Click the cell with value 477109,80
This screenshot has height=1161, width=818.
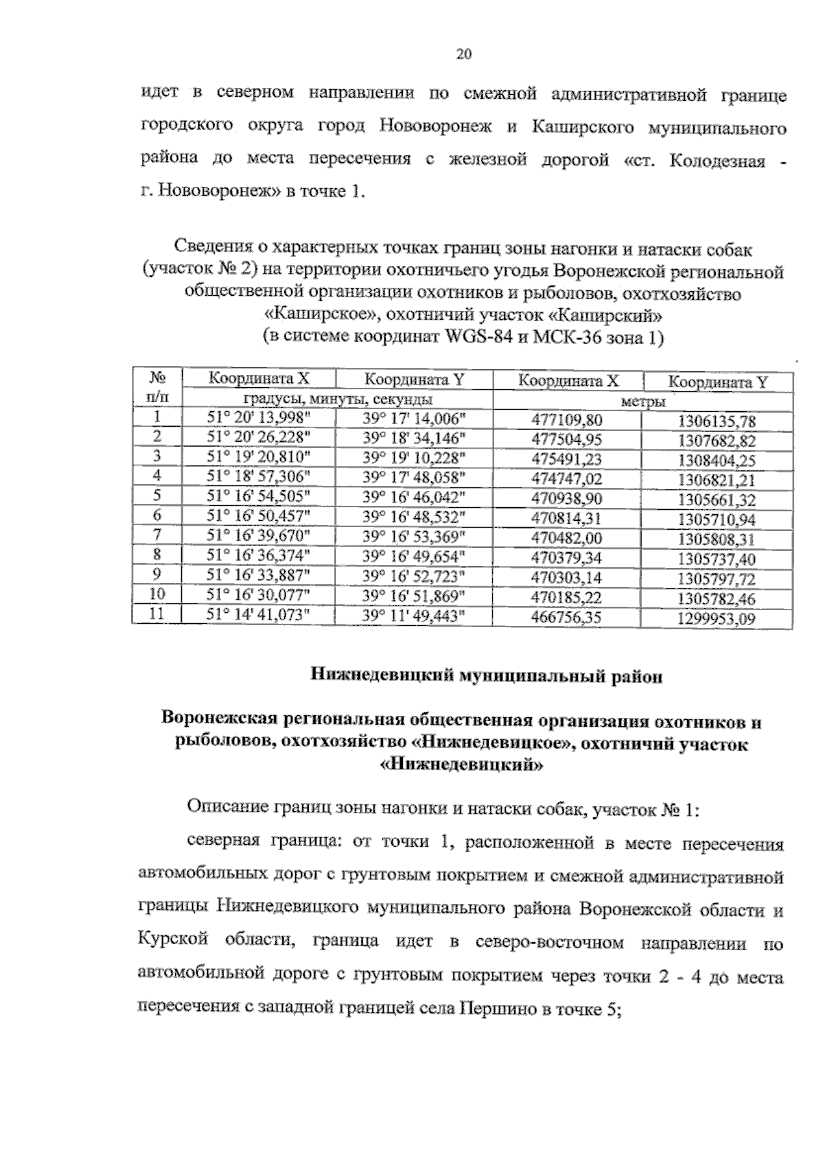point(566,420)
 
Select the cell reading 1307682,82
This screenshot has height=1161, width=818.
point(716,440)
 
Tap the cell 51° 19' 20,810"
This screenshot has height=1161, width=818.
point(258,457)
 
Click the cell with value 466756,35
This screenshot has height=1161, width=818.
point(566,618)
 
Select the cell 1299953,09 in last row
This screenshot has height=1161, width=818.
point(716,620)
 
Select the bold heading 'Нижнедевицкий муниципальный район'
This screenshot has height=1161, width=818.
point(486,676)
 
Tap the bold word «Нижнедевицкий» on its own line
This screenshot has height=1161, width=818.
point(461,765)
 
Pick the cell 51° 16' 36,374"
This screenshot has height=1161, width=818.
point(258,555)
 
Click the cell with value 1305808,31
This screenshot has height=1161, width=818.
point(716,539)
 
